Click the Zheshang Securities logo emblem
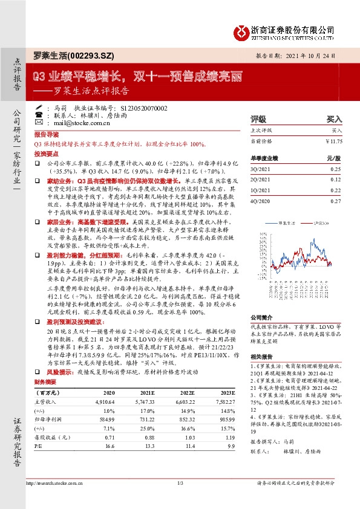(243, 30)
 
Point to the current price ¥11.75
(333, 141)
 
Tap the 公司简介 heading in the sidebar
(262, 317)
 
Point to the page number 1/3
(180, 483)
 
